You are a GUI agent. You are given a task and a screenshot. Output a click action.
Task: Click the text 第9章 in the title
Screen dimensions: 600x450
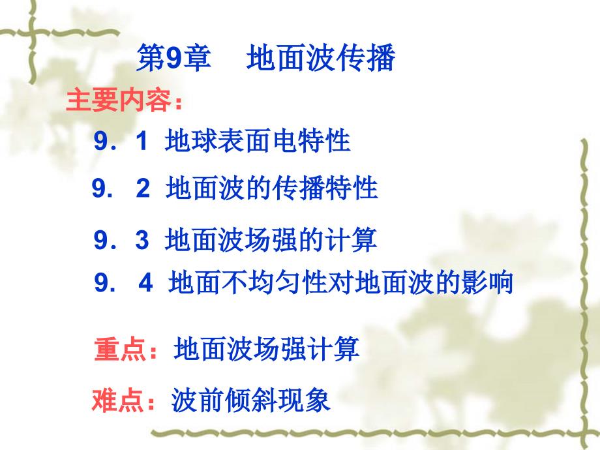click(174, 58)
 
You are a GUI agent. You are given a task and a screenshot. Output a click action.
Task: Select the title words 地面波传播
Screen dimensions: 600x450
click(321, 58)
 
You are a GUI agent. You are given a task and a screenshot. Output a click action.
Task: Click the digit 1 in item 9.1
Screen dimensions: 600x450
click(142, 140)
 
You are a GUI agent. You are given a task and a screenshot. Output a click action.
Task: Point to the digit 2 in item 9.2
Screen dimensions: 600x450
click(143, 188)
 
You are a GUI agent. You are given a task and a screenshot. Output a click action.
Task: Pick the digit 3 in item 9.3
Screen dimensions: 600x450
click(142, 240)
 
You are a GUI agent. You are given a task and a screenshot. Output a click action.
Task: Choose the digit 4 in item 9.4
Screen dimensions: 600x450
click(146, 283)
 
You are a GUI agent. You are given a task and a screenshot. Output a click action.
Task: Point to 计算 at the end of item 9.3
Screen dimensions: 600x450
click(352, 240)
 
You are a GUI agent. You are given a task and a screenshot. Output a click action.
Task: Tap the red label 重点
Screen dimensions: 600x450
click(120, 349)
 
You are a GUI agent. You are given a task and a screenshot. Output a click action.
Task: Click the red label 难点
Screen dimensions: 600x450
click(118, 400)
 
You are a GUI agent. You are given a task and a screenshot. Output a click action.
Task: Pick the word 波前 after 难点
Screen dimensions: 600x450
click(198, 400)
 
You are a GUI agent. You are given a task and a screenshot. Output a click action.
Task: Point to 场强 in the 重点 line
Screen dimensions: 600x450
click(280, 349)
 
